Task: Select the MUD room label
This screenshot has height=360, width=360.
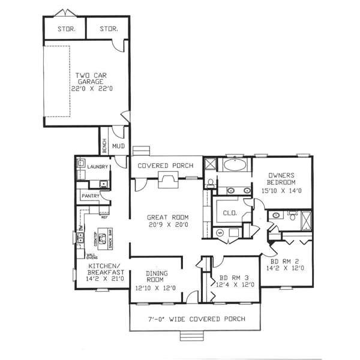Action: [118, 146]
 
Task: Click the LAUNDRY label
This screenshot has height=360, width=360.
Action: [97, 166]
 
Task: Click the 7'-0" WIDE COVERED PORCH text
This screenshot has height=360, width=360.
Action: [197, 319]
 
